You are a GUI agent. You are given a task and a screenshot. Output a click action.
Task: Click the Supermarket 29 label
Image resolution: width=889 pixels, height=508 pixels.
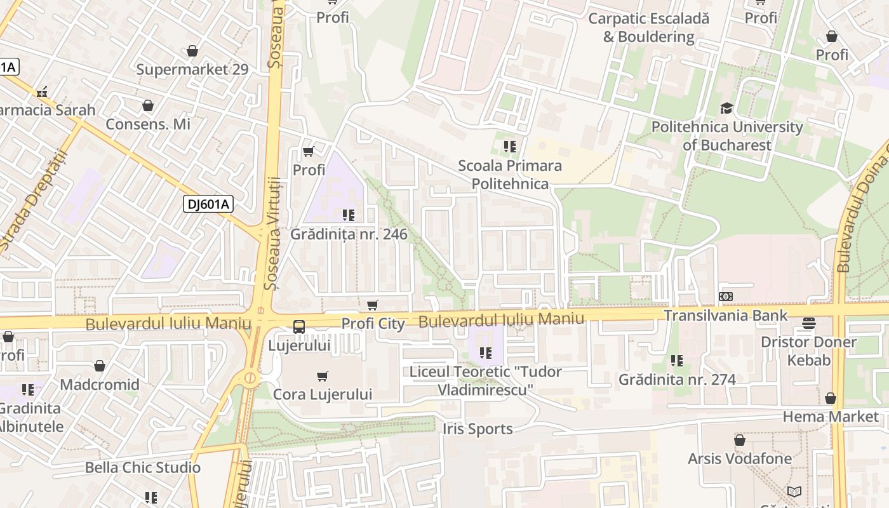tap(192, 69)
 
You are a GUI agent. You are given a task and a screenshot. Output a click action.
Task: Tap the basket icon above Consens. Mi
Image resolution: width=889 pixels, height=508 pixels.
tap(148, 105)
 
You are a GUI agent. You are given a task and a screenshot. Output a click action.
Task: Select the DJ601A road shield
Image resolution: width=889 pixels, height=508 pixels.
tap(208, 204)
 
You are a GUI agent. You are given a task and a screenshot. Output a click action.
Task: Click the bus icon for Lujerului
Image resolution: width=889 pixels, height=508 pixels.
tap(299, 327)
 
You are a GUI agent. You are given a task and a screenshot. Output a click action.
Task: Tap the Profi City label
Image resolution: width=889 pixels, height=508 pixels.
tap(373, 324)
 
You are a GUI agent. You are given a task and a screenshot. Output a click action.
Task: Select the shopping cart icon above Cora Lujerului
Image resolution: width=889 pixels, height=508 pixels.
tap(323, 376)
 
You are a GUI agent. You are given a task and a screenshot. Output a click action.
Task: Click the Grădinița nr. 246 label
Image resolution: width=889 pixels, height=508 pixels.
tap(349, 234)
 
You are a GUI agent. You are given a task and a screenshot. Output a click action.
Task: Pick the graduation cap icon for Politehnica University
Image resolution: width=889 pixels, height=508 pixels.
tap(726, 109)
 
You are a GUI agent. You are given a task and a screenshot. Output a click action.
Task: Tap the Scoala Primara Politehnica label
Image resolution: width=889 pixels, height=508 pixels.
tap(510, 175)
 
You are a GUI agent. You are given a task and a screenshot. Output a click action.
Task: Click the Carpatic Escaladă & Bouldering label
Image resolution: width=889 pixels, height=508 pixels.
tap(648, 27)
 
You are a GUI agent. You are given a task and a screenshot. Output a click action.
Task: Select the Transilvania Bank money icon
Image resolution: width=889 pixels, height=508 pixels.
tap(725, 297)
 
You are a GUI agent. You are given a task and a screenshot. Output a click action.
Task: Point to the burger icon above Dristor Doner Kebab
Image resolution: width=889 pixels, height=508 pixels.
tap(808, 323)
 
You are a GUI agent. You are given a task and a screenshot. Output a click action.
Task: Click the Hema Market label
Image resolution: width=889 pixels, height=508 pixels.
tap(831, 417)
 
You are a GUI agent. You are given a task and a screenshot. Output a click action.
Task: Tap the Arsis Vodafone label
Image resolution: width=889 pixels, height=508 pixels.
tap(740, 458)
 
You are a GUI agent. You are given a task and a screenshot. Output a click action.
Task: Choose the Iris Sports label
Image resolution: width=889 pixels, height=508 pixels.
tap(478, 429)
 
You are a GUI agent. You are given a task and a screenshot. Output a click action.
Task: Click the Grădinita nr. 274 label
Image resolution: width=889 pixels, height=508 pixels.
tap(677, 380)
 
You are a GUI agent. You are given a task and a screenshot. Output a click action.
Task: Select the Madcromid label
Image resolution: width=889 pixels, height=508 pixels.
tap(100, 384)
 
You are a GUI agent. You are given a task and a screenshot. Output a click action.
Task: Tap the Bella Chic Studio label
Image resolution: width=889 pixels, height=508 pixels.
tap(143, 467)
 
